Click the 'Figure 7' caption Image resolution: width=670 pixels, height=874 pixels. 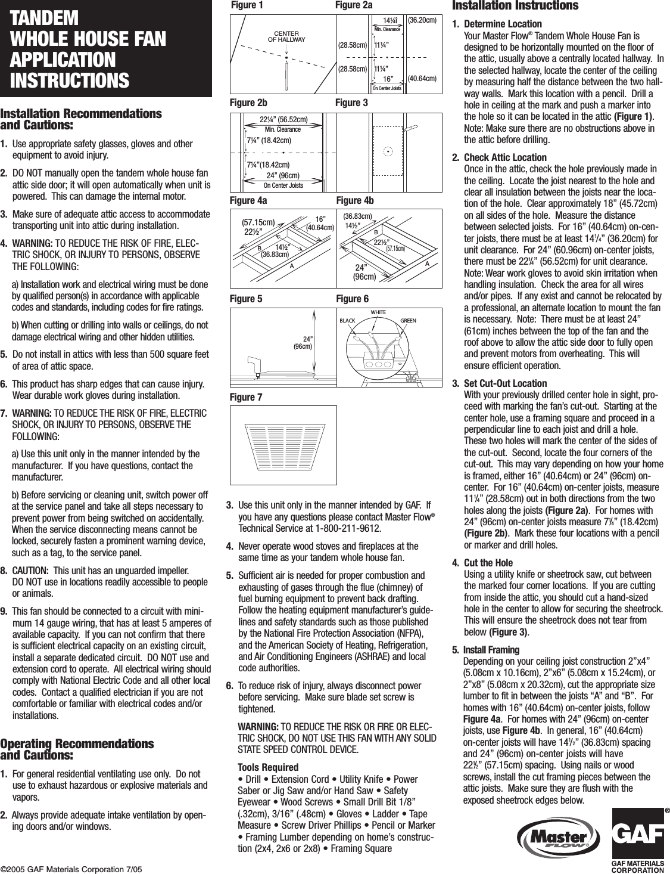245,397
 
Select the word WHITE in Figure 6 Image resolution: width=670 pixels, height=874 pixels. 378,312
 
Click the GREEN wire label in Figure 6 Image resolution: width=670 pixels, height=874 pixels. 408,321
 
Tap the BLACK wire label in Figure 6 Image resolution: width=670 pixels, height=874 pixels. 347,321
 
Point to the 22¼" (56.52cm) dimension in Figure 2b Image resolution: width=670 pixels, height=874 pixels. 283,119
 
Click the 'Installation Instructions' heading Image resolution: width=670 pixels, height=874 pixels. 515,6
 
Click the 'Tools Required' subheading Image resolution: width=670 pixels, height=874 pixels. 268,767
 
